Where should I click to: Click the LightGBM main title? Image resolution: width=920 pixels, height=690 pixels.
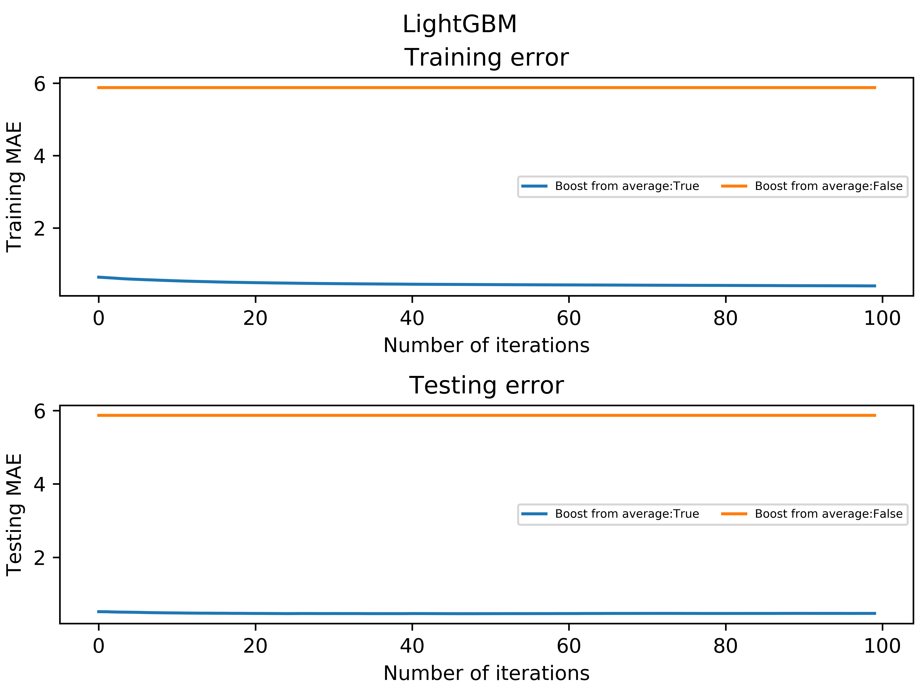coord(460,24)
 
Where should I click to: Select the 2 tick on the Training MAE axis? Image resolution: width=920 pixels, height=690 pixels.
coord(40,228)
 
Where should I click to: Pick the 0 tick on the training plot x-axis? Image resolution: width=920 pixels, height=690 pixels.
coord(99,319)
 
